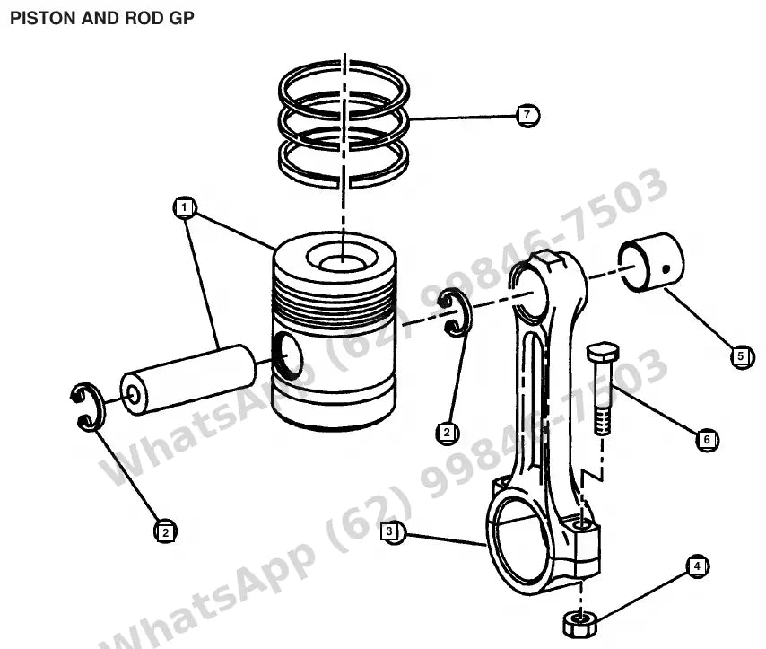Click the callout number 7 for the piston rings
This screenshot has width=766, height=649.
pyautogui.click(x=527, y=116)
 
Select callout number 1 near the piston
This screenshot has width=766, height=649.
pyautogui.click(x=185, y=208)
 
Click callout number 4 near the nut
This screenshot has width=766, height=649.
pyautogui.click(x=698, y=566)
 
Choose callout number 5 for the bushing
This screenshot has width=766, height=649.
pyautogui.click(x=742, y=356)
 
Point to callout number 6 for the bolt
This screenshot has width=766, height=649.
pyautogui.click(x=707, y=440)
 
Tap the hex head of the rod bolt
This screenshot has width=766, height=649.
pyautogui.click(x=603, y=351)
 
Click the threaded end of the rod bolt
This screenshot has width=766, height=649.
pyautogui.click(x=603, y=422)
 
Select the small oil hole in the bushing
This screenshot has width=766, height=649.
pyautogui.click(x=666, y=268)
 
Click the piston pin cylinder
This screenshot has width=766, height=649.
pyautogui.click(x=188, y=380)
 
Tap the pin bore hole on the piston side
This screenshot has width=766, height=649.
pyautogui.click(x=287, y=355)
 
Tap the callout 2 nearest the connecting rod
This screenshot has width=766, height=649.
pyautogui.click(x=447, y=433)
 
